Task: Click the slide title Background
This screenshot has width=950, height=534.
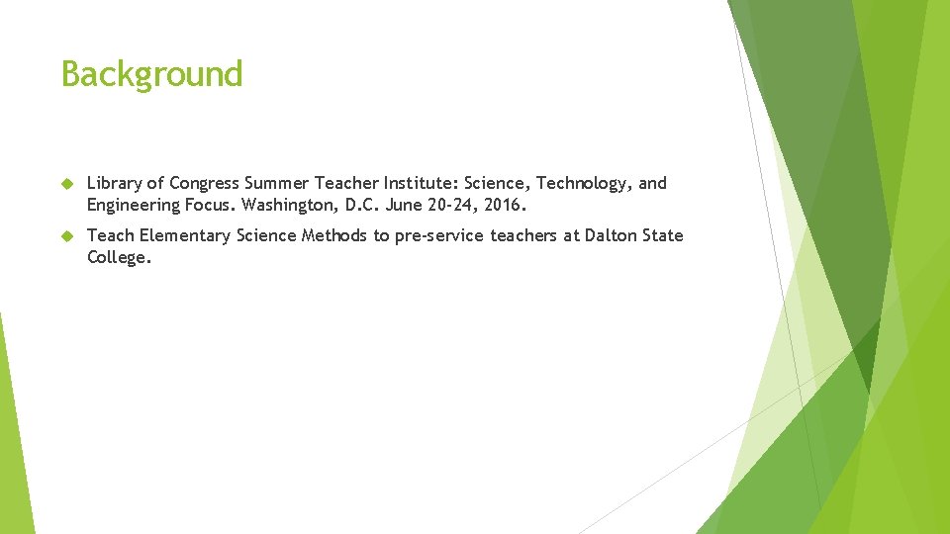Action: coord(151,74)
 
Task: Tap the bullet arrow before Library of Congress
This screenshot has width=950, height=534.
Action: coord(67,184)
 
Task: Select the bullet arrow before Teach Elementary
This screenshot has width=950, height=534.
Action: coord(67,236)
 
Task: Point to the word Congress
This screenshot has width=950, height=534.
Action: coord(204,184)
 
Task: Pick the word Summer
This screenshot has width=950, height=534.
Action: coord(276,183)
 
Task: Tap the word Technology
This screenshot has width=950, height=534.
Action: coord(579,184)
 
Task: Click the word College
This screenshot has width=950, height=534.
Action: coord(119,258)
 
